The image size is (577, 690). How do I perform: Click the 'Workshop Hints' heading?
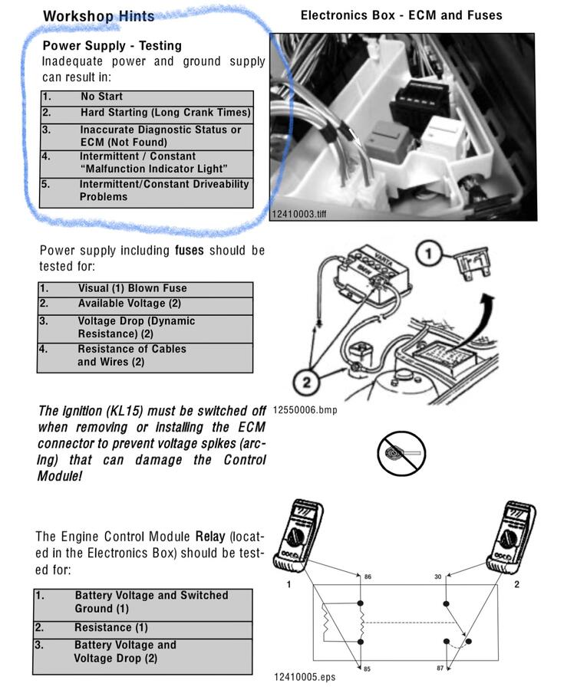98,16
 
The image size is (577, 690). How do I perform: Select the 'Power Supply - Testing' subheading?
112,46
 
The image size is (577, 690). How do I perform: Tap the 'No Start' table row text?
101,97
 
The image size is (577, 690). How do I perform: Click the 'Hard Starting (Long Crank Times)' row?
165,113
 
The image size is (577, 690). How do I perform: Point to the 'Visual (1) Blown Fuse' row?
132,289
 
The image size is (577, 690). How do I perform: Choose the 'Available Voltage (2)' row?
129,304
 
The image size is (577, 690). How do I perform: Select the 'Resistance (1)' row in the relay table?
110,628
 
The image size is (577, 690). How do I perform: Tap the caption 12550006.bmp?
305,410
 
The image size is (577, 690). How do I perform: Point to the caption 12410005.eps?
304,677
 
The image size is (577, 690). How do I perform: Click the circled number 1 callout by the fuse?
431,253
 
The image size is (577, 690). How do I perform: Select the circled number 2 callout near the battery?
308,379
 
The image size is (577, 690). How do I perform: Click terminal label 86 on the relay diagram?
368,576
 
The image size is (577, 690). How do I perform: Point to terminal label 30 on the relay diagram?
437,576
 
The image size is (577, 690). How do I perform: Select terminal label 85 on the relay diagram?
367,669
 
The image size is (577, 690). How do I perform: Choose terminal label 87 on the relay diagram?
440,669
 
